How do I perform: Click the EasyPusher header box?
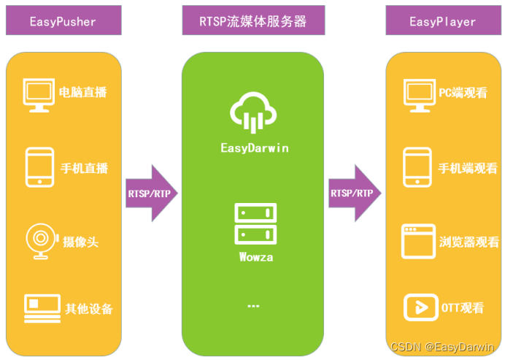[62, 21]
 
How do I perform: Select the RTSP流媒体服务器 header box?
[253, 21]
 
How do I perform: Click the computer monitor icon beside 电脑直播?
[39, 95]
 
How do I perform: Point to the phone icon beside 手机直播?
[39, 166]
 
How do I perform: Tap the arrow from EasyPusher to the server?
[151, 193]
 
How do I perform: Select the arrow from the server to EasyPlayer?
[355, 193]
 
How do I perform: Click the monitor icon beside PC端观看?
[419, 95]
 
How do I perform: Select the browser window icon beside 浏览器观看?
[418, 242]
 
